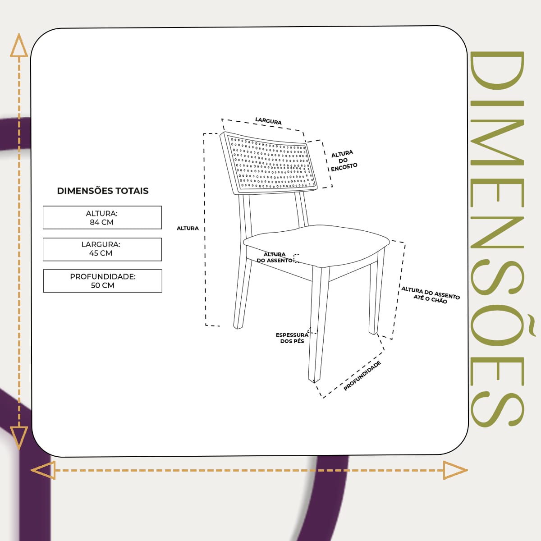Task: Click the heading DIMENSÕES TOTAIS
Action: coord(103,191)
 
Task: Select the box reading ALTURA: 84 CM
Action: coord(102,218)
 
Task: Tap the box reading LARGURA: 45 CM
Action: coord(102,249)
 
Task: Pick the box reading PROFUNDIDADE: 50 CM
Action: coord(102,281)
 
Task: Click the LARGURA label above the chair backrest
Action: coord(268,121)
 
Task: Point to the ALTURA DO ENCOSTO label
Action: coord(344,161)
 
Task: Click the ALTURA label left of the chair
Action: coord(188,228)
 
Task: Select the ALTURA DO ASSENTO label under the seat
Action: coord(275,257)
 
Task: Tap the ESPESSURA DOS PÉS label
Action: coord(292,338)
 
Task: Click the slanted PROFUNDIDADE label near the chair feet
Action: coord(362,376)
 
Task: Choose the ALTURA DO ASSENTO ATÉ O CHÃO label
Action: coord(431,295)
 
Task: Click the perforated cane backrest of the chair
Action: coord(270,163)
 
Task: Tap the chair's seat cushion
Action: coord(316,245)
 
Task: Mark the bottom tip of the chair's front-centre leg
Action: coord(314,383)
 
